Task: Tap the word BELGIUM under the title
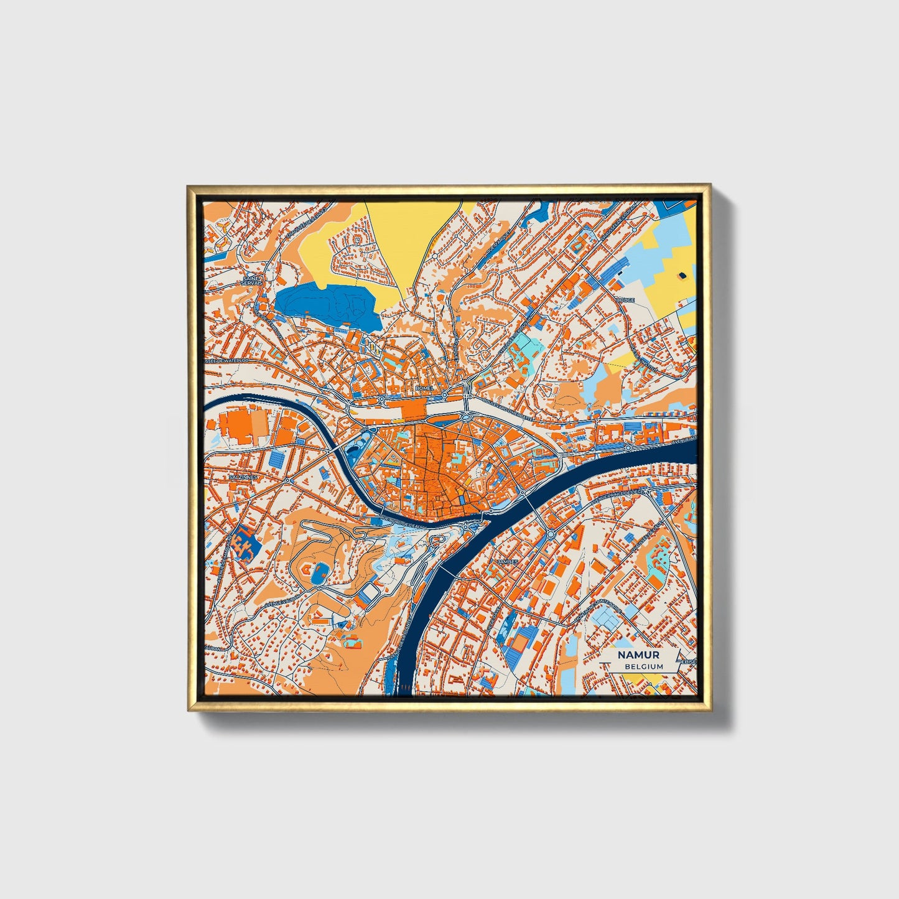[644, 666]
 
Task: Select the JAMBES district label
[507, 561]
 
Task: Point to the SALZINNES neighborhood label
[243, 477]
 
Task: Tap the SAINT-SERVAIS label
[253, 281]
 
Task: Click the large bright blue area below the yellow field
[327, 305]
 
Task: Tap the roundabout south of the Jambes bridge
[551, 533]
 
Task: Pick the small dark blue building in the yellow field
[683, 274]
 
